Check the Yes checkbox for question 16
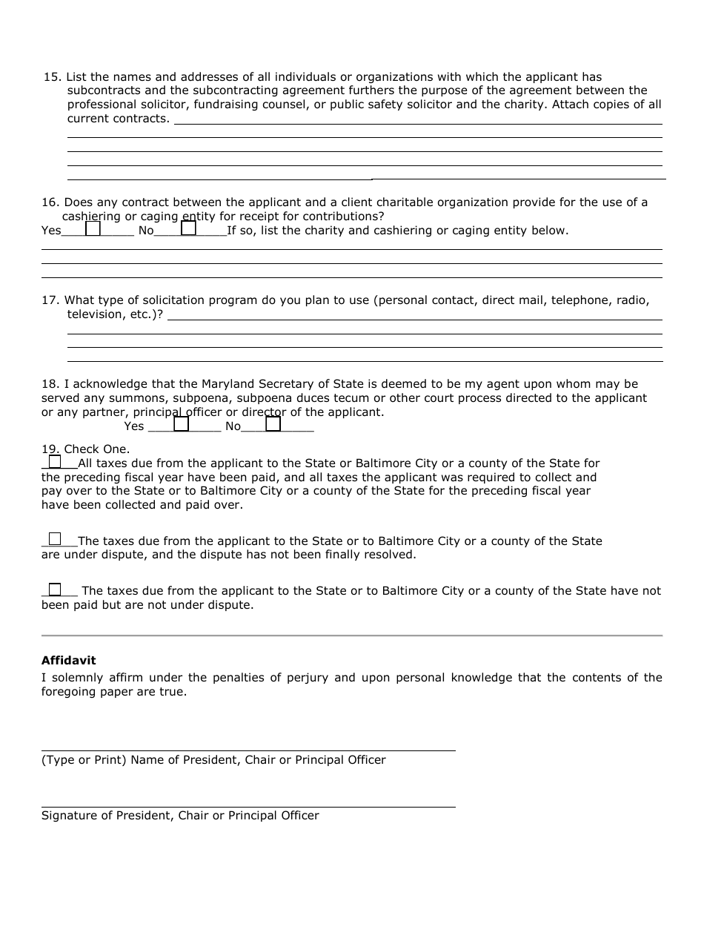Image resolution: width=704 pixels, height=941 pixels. [93, 229]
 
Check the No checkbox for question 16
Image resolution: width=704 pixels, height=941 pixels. [189, 229]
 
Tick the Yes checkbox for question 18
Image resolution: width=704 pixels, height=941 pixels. [182, 425]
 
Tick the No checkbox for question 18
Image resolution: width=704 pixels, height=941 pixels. [273, 425]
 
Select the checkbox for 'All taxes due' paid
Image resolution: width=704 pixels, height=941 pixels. [55, 462]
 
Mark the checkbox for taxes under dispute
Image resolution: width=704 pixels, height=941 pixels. [55, 540]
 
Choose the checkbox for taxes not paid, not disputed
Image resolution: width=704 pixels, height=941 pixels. [55, 590]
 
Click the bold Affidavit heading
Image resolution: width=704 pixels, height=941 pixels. [68, 661]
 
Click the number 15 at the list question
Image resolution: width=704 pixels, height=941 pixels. [50, 77]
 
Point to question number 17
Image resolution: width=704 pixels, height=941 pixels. [50, 300]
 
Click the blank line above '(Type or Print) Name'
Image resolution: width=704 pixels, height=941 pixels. [248, 750]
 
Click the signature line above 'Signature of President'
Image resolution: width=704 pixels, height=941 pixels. [248, 806]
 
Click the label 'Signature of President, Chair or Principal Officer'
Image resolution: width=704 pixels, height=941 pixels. [180, 816]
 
